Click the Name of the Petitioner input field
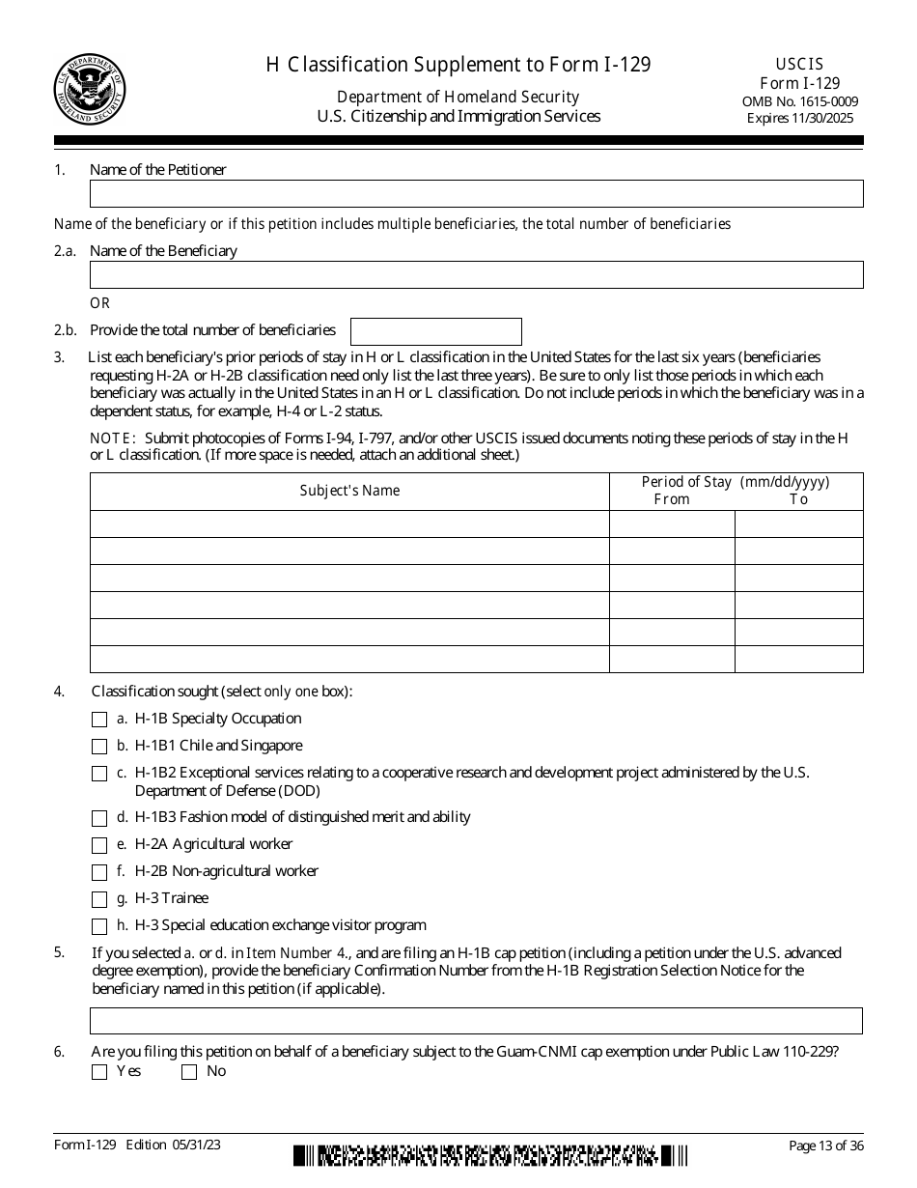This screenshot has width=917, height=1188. (x=476, y=194)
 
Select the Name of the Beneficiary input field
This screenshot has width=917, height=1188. (x=476, y=275)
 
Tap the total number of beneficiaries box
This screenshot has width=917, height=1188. (x=435, y=331)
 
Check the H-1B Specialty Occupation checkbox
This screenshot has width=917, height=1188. (x=99, y=720)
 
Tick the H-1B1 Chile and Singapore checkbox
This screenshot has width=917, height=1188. (x=99, y=747)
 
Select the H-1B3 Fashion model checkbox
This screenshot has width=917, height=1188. (x=99, y=818)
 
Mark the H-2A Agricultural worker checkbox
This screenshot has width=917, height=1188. (x=99, y=845)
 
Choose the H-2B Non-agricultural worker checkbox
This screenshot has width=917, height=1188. (x=99, y=872)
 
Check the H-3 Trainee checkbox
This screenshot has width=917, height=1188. (x=99, y=899)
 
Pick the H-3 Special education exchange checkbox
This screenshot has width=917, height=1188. (x=99, y=926)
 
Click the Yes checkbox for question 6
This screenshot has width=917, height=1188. (x=99, y=1072)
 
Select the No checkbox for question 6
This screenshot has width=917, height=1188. (x=189, y=1072)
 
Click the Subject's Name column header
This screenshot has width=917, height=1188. (x=349, y=491)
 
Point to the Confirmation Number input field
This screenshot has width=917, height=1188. (x=476, y=1021)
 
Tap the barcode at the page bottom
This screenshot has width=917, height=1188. (x=490, y=1155)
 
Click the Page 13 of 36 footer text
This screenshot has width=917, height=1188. (x=825, y=1146)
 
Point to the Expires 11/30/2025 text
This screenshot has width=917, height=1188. (x=799, y=119)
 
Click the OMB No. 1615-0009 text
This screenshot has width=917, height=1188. (x=799, y=101)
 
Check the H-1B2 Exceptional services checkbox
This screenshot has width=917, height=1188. (x=99, y=774)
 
